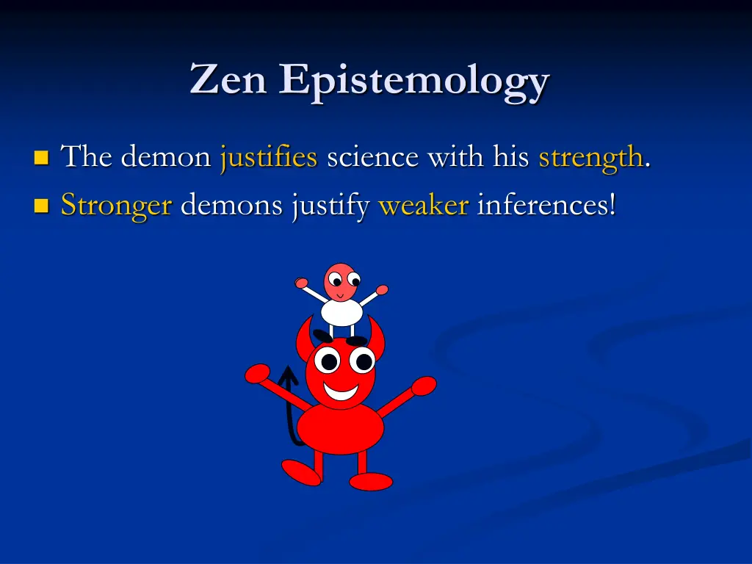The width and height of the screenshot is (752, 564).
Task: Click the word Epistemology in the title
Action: click(x=413, y=81)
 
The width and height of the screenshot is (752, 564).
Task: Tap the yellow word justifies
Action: click(x=268, y=157)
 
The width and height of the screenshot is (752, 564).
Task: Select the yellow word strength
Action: click(x=590, y=157)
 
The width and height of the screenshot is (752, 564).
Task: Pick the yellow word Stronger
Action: click(x=116, y=206)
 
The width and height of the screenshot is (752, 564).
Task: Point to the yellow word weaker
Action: click(x=423, y=206)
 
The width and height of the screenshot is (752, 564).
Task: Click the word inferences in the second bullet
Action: click(x=546, y=206)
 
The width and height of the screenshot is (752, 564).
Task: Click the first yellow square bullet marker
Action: click(x=41, y=157)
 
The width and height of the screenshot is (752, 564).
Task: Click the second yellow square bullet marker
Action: click(x=41, y=206)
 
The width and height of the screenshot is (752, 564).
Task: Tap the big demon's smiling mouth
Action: click(x=340, y=390)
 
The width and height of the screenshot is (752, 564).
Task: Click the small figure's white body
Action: click(x=341, y=311)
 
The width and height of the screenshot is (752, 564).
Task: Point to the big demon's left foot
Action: click(x=301, y=471)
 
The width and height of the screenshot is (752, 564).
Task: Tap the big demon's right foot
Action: click(x=371, y=482)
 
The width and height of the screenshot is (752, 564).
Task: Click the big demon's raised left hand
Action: click(x=256, y=374)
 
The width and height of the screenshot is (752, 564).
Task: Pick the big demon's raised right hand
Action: click(x=424, y=386)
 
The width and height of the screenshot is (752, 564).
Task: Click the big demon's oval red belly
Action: click(x=340, y=428)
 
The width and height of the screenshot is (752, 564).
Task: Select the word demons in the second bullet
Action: click(x=231, y=206)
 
